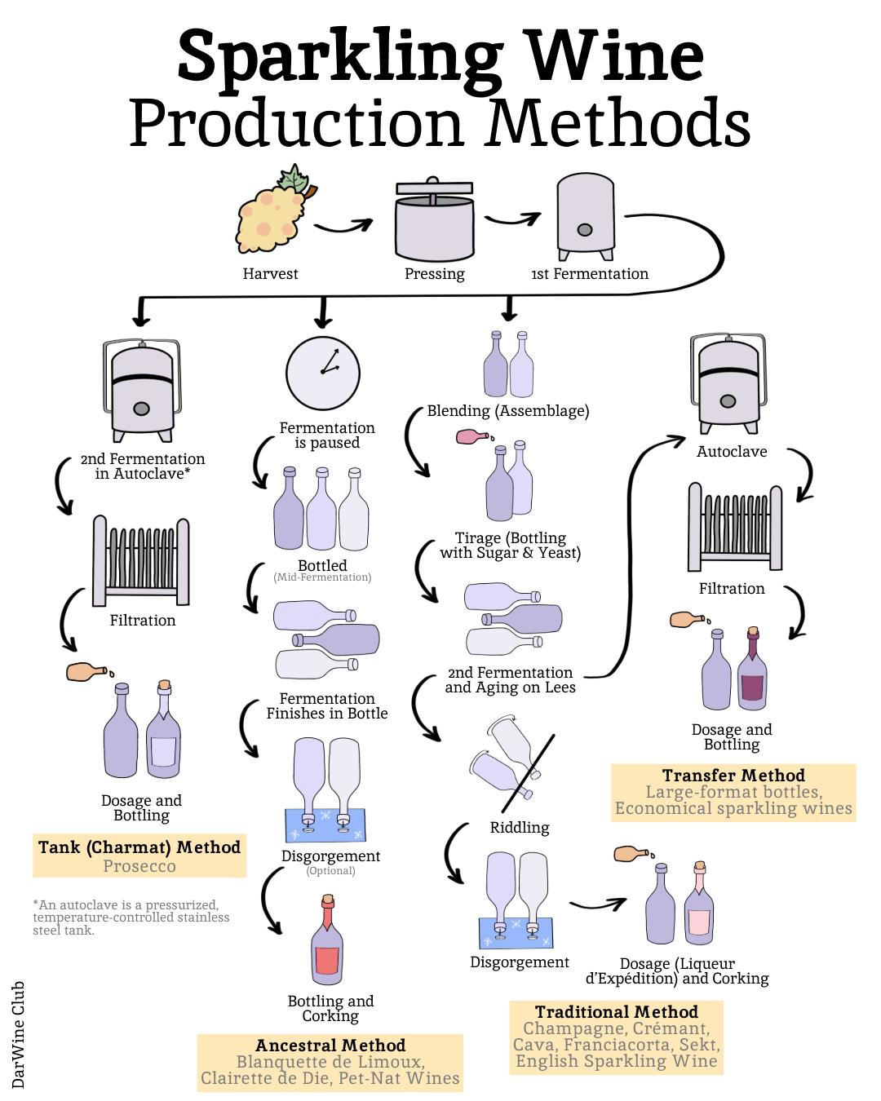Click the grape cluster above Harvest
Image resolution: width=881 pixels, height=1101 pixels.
tap(269, 214)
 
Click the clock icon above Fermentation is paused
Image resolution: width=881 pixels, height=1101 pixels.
tap(323, 366)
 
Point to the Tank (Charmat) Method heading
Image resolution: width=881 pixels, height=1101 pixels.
tap(139, 847)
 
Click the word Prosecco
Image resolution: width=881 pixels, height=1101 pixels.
tap(139, 866)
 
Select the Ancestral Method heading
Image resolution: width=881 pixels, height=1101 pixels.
tap(330, 1046)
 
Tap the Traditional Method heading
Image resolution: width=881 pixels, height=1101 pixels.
tap(617, 1012)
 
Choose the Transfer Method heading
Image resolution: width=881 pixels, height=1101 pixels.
tap(733, 775)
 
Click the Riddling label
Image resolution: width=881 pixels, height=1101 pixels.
tap(520, 828)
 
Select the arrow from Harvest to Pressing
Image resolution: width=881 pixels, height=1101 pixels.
tap(343, 227)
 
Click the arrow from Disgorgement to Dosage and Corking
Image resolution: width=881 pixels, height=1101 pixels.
tap(598, 904)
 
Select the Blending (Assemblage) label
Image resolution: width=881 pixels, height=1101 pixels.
tap(507, 411)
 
